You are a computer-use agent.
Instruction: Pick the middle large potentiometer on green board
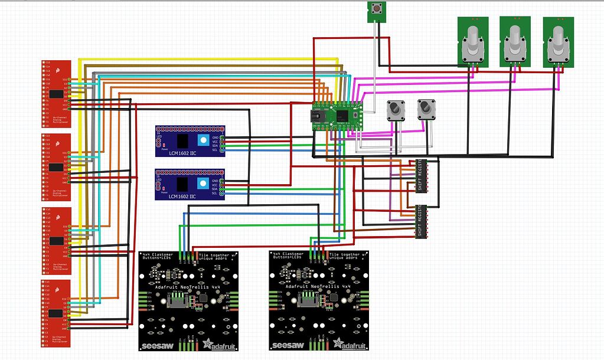[x=515, y=41]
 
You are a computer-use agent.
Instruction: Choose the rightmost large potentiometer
[x=558, y=41]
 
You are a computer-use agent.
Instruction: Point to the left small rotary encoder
[x=394, y=110]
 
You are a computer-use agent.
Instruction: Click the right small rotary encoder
[x=426, y=109]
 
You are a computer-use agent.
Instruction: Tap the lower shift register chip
[x=421, y=222]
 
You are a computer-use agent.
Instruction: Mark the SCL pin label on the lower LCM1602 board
[x=215, y=194]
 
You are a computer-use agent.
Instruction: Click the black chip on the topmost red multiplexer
[x=57, y=94]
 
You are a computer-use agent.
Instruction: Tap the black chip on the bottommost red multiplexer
[x=57, y=313]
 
